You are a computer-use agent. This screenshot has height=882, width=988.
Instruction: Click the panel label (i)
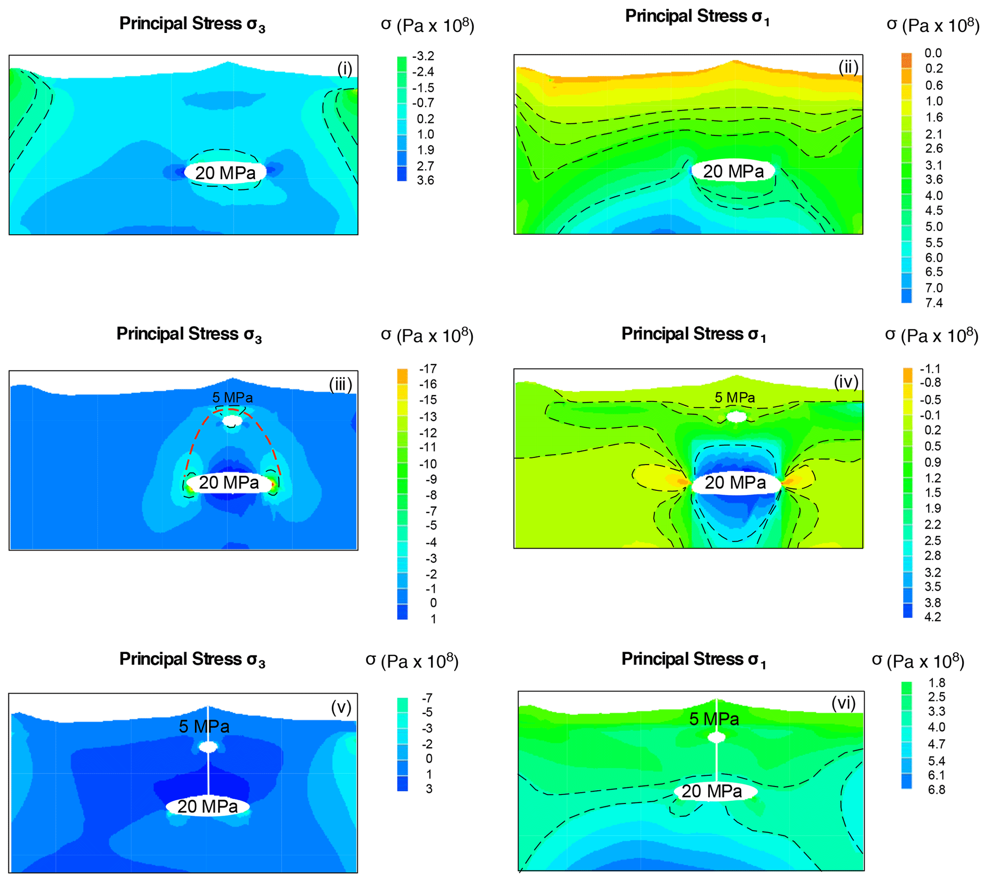(x=345, y=69)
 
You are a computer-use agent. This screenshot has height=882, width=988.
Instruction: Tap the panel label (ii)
(x=848, y=67)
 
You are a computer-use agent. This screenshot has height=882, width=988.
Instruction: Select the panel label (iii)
(x=340, y=384)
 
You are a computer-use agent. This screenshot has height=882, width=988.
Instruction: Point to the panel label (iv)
(x=846, y=382)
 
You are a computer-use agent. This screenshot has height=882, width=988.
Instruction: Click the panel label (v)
(x=341, y=708)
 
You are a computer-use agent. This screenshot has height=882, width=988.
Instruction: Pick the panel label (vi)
(x=844, y=703)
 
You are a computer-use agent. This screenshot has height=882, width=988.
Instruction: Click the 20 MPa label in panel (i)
(x=225, y=173)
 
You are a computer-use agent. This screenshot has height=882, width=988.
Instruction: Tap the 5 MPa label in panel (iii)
(x=232, y=397)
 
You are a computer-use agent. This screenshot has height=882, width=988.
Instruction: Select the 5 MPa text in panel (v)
(x=204, y=727)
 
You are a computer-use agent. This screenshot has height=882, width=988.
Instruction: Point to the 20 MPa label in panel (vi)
(x=711, y=791)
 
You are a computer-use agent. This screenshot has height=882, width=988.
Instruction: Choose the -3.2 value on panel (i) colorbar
(x=423, y=56)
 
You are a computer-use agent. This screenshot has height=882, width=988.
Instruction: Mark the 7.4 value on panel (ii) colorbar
(x=934, y=303)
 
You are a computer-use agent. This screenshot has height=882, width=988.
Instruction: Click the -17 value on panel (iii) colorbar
(x=428, y=369)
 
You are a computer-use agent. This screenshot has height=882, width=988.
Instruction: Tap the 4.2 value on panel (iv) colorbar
(x=932, y=617)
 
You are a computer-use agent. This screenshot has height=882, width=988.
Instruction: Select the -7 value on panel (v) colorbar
(x=427, y=698)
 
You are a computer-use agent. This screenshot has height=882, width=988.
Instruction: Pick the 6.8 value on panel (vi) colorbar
(x=936, y=789)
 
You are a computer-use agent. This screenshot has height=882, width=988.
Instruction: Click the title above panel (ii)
(x=697, y=16)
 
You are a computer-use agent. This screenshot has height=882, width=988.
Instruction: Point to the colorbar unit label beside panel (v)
(x=412, y=661)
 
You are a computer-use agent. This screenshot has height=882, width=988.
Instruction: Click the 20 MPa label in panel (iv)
(x=735, y=483)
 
